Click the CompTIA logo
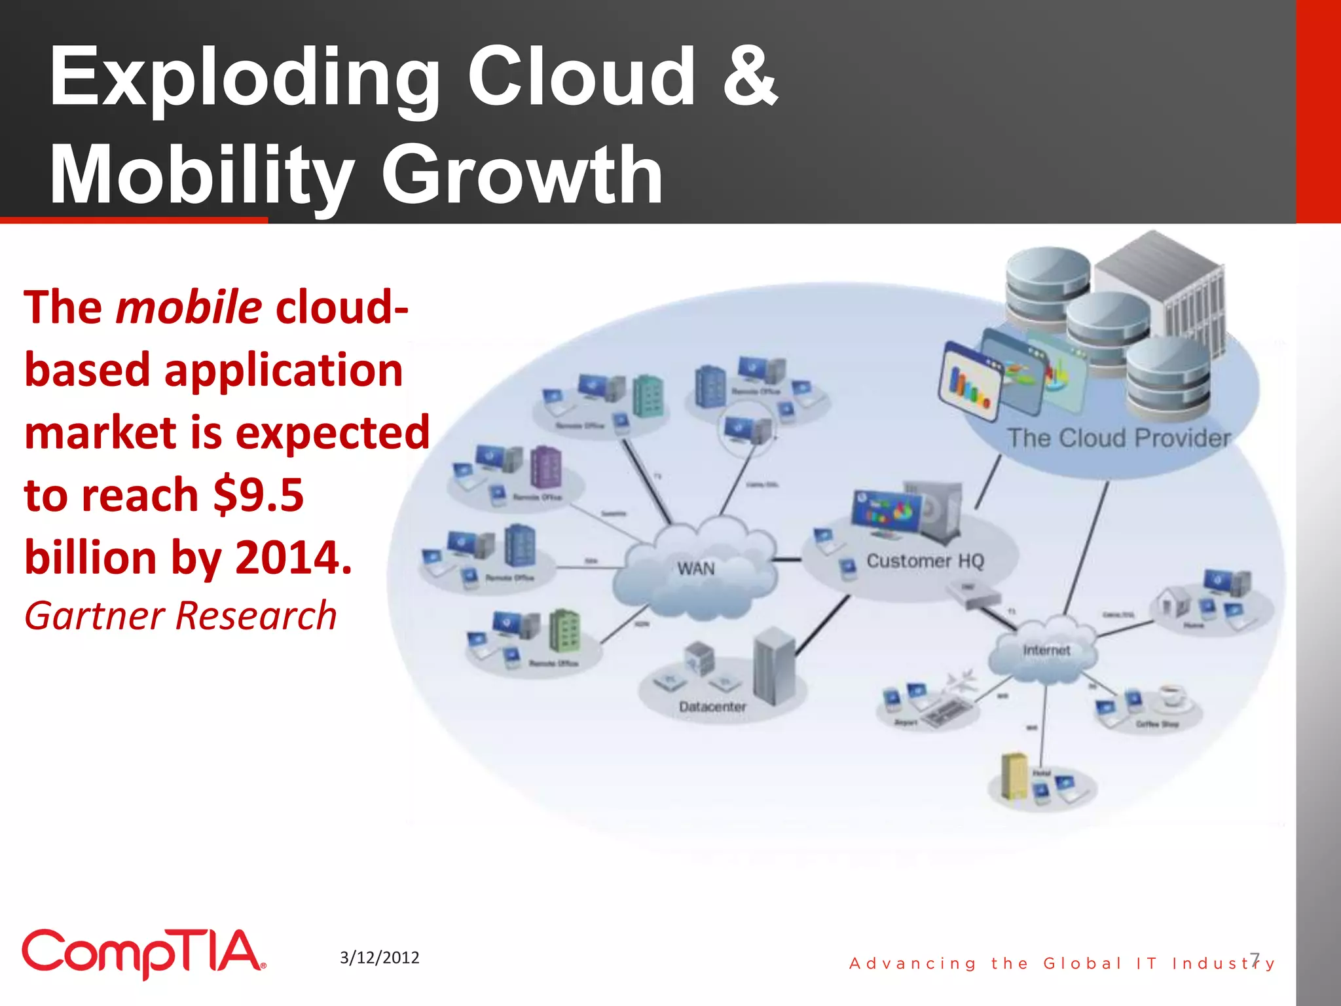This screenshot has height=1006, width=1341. point(143,953)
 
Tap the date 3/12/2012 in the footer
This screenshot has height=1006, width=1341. point(379,958)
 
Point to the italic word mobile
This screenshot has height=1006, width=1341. point(189,307)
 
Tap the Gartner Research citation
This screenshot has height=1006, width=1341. point(180,616)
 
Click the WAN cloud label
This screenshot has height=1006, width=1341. point(695,568)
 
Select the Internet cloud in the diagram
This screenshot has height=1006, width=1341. point(1046,650)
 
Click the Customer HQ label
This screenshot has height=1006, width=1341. point(925,561)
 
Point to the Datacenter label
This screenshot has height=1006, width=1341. point(712,707)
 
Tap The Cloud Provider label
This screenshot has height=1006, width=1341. point(1118,438)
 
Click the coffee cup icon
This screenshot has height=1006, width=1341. point(1172,696)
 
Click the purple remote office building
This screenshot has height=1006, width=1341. point(546,466)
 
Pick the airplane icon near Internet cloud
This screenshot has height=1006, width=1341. point(961,681)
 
